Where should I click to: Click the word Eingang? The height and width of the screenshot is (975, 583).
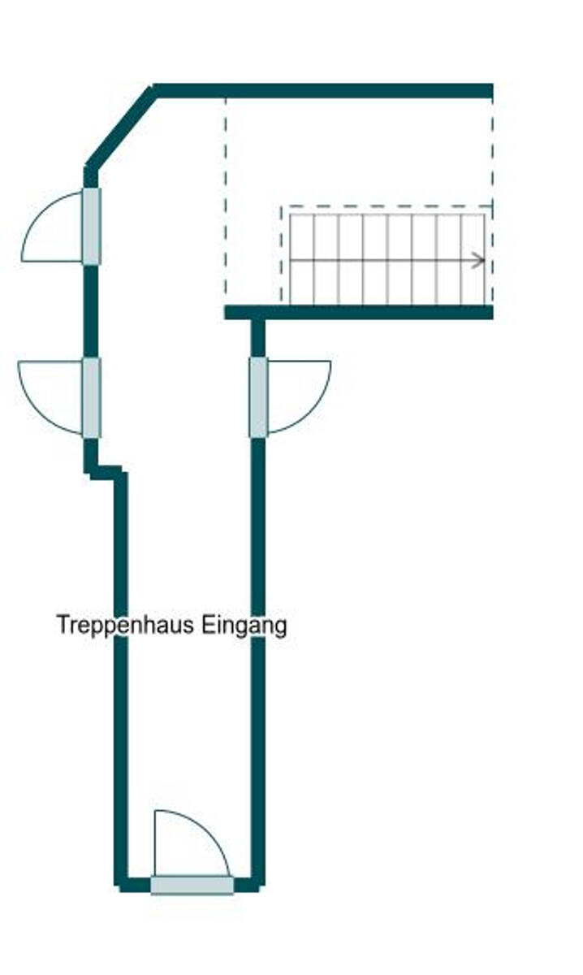(x=244, y=626)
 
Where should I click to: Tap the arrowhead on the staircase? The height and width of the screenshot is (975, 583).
(x=479, y=260)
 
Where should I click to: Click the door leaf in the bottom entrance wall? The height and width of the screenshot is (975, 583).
(x=192, y=885)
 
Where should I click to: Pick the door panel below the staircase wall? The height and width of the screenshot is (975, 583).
(x=258, y=397)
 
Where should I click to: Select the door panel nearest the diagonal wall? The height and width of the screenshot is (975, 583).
(x=92, y=226)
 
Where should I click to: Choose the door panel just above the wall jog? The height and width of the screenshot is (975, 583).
(x=92, y=397)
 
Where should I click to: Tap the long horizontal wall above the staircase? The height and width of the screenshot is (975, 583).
(x=325, y=90)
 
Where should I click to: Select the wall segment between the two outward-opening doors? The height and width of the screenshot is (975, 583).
(x=91, y=310)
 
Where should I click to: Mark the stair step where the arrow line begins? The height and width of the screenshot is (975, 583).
(x=301, y=260)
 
